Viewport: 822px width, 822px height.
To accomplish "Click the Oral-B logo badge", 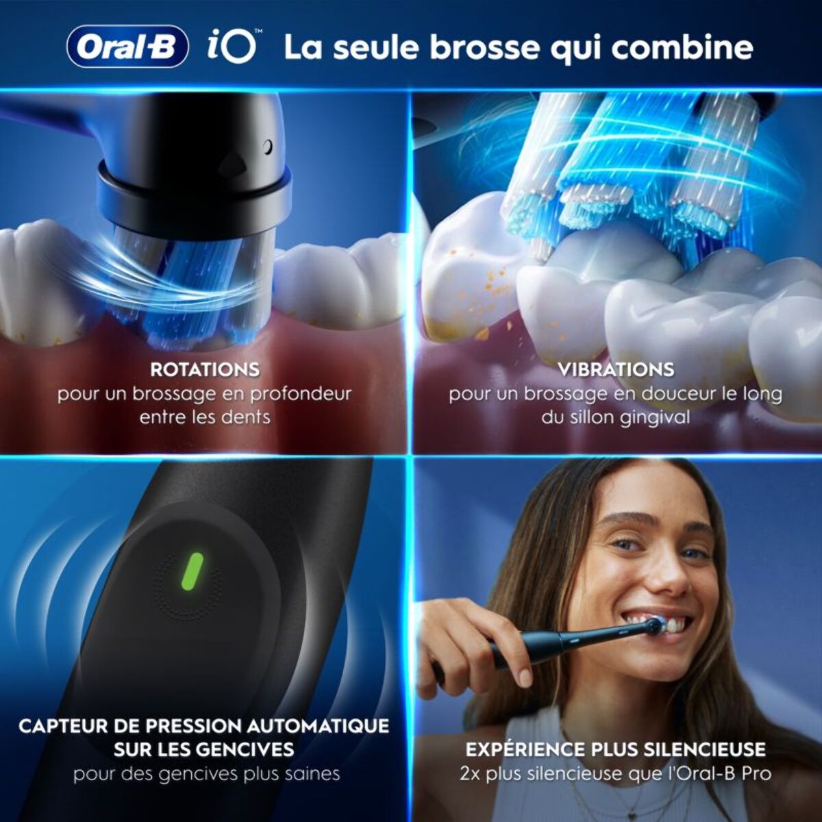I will pyautogui.click(x=127, y=47).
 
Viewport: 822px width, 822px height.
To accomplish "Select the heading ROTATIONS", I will pyautogui.click(x=205, y=370).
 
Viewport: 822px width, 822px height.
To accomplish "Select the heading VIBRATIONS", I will pyautogui.click(x=616, y=370).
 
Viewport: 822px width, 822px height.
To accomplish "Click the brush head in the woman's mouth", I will pyautogui.click(x=653, y=624).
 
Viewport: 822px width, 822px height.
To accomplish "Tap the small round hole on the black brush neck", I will pyautogui.click(x=268, y=146).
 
